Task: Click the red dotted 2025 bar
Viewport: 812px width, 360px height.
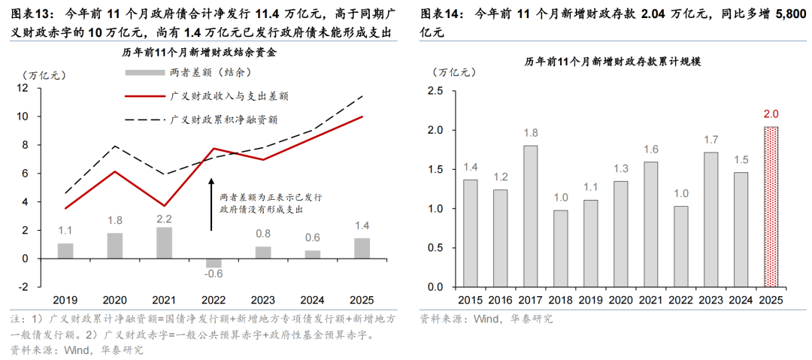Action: coord(770,207)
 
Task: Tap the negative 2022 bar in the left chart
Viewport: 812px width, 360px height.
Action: coord(214,262)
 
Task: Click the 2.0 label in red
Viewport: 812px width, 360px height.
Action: coord(770,114)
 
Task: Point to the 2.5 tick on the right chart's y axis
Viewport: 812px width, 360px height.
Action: coord(435,91)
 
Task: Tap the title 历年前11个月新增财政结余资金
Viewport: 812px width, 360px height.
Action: coord(199,52)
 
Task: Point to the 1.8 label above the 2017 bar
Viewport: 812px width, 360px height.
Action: coord(531,132)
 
